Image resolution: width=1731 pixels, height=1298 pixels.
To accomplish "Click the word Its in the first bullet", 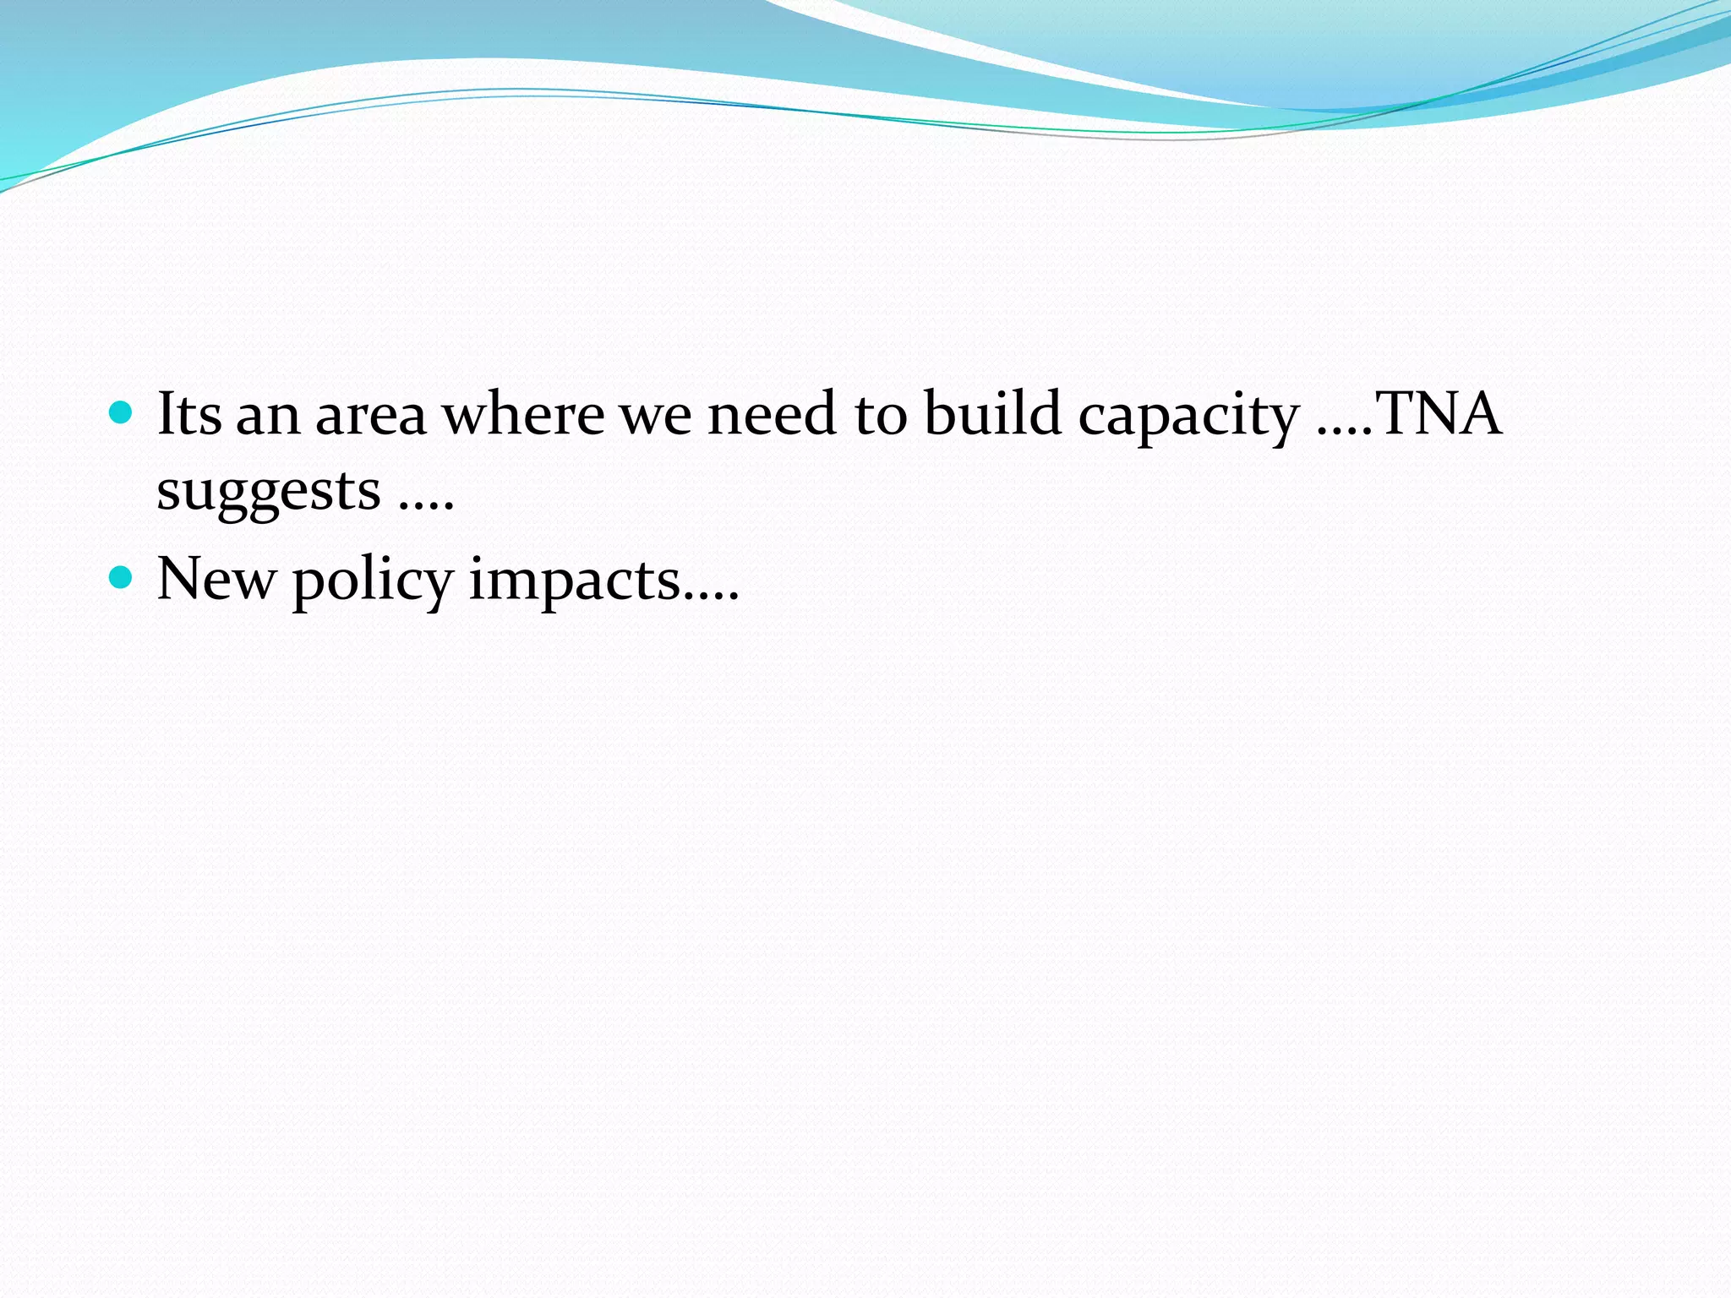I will (189, 414).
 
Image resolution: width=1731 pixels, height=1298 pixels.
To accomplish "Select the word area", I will (371, 416).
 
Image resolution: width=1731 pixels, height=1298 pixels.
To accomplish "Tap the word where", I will (524, 414).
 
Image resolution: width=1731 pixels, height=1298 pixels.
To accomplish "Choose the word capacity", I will (1188, 418).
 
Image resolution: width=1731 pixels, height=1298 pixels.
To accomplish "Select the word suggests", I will (269, 493).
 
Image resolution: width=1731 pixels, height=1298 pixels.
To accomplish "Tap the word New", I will (216, 580).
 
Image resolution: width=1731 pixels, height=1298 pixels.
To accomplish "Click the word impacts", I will (575, 581).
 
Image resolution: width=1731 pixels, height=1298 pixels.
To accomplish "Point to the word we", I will (657, 416).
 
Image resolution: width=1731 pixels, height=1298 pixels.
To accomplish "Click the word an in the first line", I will (268, 416).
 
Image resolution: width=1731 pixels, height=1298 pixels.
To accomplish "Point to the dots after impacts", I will (711, 597).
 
